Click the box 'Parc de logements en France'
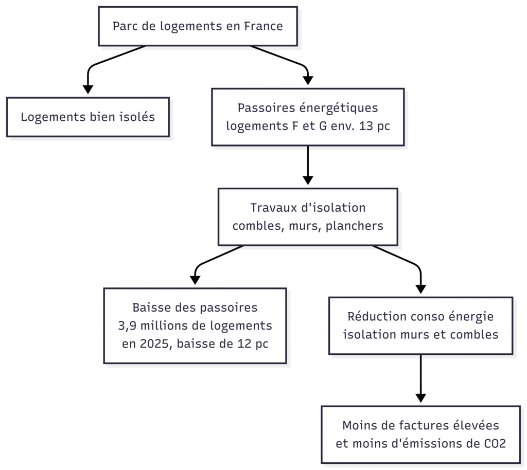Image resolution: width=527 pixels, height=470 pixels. pos(198,26)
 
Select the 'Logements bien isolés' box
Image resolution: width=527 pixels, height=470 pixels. pos(88,117)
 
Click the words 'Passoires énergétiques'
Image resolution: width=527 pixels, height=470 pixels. pos(307,108)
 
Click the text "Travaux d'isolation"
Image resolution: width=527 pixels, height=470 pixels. pos(307,208)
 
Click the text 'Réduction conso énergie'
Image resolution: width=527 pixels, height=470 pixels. pos(420,316)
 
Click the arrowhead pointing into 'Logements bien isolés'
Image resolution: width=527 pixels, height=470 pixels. pos(88,89)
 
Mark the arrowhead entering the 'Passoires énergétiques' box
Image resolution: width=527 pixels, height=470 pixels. pos(308,80)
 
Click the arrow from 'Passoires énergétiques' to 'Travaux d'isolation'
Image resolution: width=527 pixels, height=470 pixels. pos(308,165)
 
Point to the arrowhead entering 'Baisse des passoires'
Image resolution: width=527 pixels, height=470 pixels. pos(195,280)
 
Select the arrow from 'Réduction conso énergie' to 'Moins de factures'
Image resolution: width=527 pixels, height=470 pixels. pos(421,378)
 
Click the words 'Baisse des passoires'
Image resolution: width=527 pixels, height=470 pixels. pos(195,308)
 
